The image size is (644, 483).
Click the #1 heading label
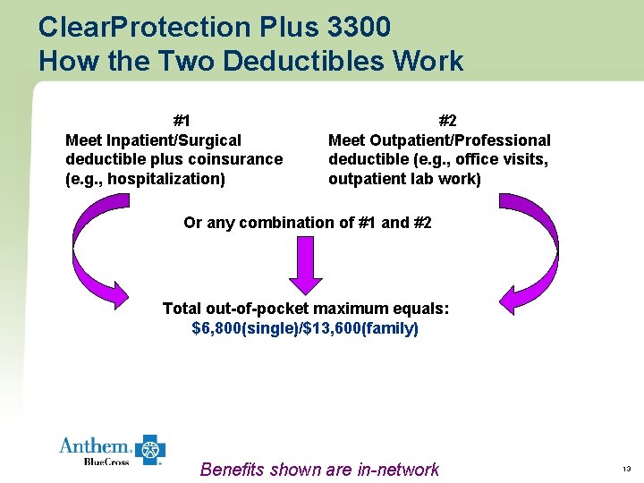[x=182, y=121]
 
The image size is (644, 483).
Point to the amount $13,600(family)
[x=362, y=328]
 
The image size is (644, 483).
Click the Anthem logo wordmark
[x=94, y=446]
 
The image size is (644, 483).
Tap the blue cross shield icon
[x=150, y=450]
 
